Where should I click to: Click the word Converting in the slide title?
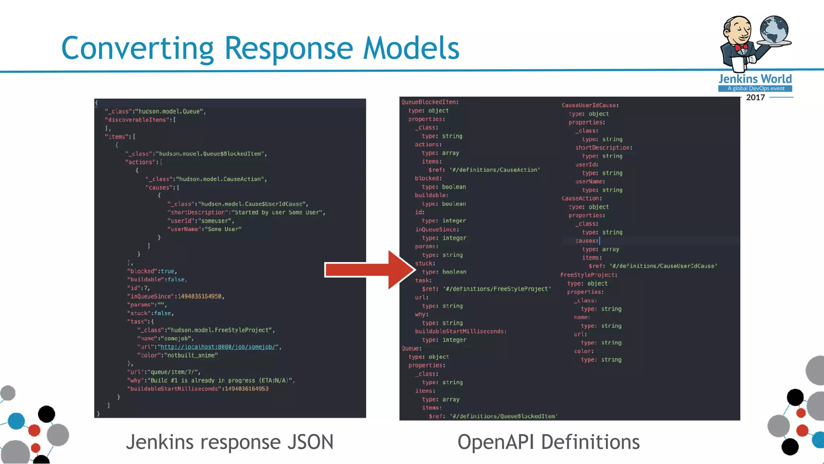(137, 48)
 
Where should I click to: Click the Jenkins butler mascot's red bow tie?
(741, 48)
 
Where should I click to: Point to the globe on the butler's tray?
(774, 29)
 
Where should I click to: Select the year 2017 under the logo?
(755, 97)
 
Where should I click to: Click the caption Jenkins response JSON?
(230, 442)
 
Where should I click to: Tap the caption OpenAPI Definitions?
(548, 442)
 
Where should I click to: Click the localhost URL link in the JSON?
(218, 347)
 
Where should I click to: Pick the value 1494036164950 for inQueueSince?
(200, 296)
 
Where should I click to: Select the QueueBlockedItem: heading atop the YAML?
(430, 102)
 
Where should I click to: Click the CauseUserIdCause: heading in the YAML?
(590, 106)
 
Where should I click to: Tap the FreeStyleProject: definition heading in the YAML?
(588, 275)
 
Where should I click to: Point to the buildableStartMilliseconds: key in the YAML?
(461, 331)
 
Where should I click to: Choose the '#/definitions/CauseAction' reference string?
(494, 170)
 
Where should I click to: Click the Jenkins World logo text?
(755, 79)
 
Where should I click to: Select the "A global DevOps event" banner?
(755, 89)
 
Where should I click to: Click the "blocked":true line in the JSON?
(152, 271)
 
